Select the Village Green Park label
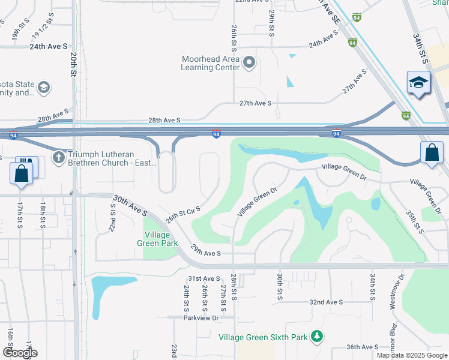click(161, 239)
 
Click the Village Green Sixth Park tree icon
click(317, 337)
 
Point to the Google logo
click(20, 353)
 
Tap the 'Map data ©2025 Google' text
click(412, 355)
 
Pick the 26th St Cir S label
click(182, 212)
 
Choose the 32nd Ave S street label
click(326, 302)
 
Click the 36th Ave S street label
click(362, 347)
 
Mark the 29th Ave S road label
click(206, 253)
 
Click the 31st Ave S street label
click(204, 278)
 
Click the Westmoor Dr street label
click(394, 292)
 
